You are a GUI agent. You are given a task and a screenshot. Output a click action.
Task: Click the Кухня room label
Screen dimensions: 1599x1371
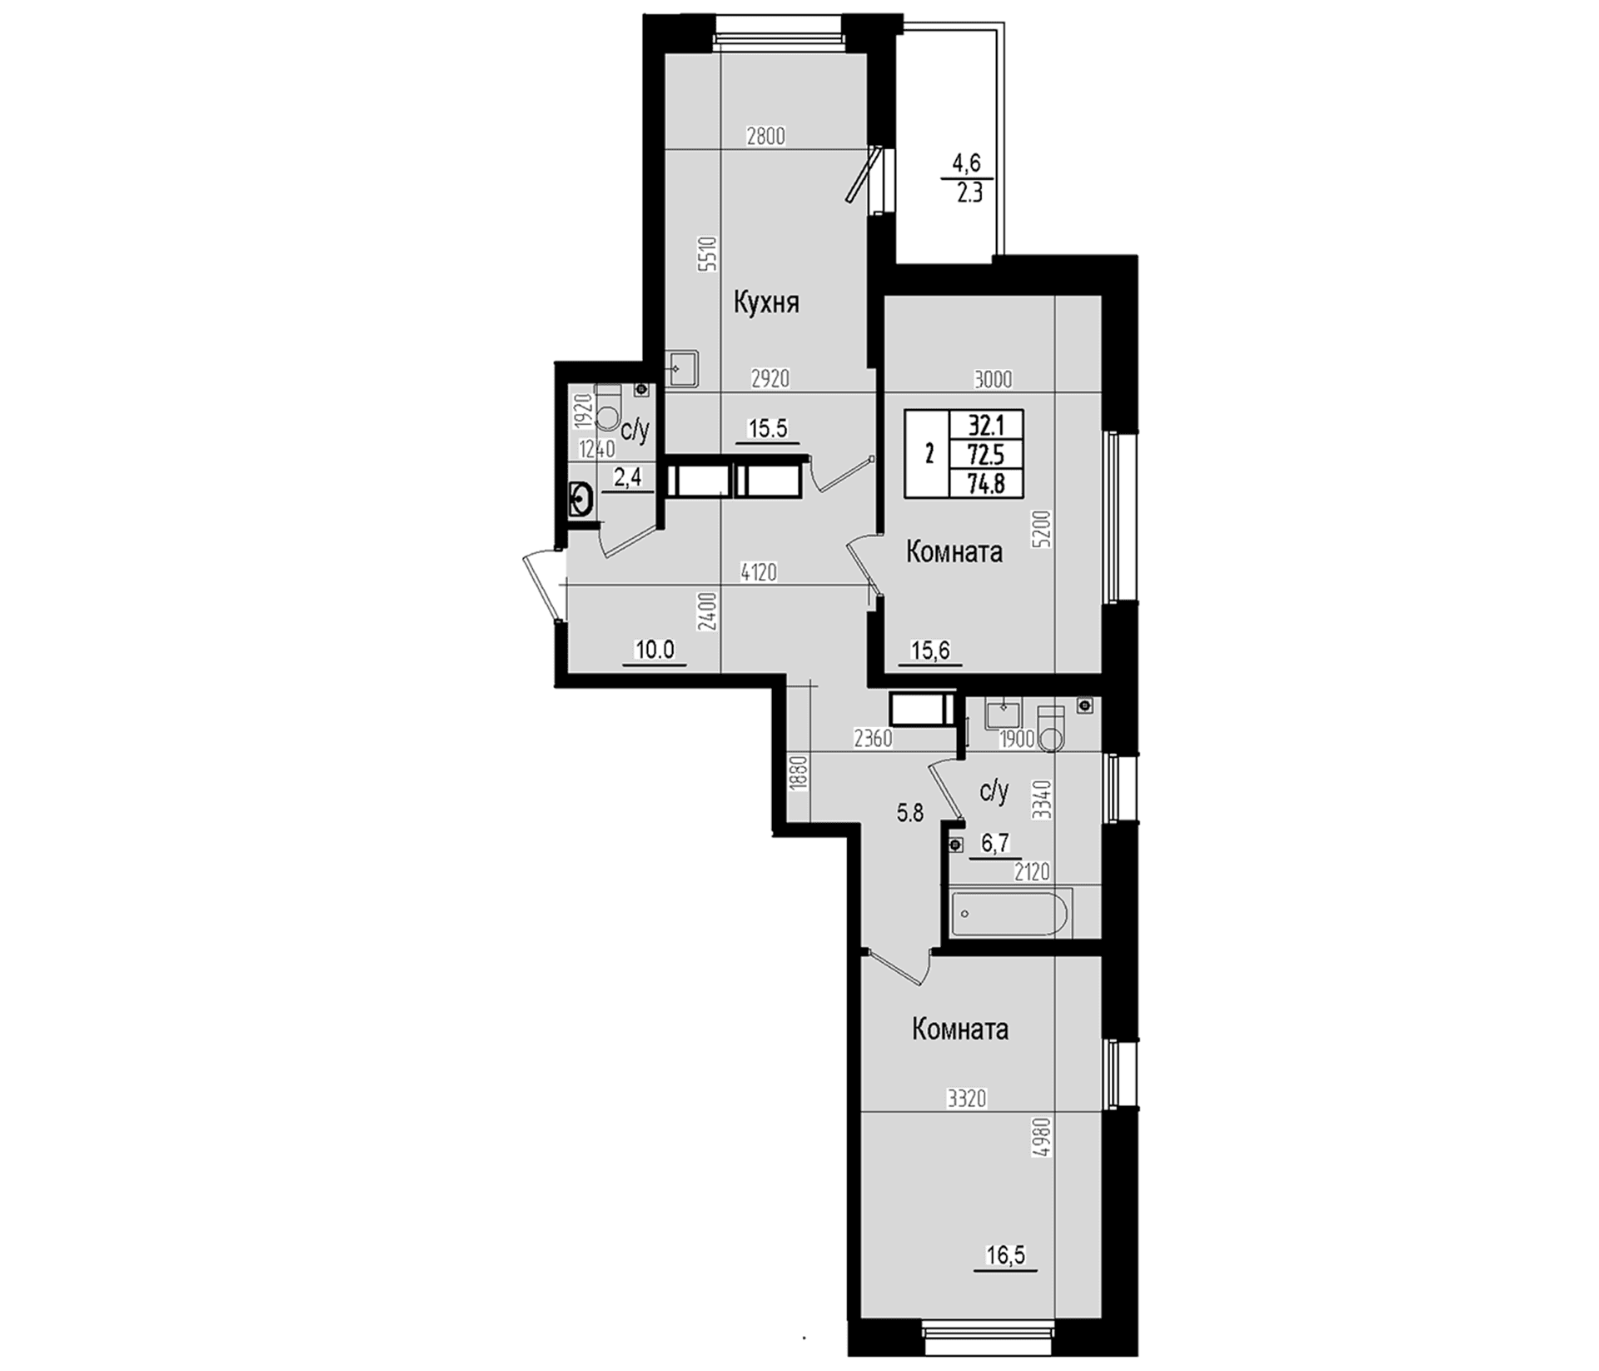click(766, 302)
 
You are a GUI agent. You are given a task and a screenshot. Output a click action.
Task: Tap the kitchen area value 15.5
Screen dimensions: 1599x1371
click(768, 428)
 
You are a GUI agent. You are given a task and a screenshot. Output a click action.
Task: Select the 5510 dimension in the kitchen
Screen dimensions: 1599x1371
click(707, 255)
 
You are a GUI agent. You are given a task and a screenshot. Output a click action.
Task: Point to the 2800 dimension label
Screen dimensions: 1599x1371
click(766, 137)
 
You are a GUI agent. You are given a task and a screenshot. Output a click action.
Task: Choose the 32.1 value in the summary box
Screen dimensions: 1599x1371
click(986, 426)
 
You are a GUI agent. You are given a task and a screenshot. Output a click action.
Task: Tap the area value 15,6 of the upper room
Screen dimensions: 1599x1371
click(931, 650)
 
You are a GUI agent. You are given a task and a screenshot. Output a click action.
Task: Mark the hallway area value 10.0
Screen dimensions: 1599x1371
click(655, 650)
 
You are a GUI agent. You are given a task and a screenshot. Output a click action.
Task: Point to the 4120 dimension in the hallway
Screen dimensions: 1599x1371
click(759, 572)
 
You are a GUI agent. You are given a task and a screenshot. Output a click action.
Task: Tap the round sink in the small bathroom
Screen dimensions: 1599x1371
click(582, 500)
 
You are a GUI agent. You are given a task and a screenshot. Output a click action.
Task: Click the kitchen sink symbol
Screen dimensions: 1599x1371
click(683, 367)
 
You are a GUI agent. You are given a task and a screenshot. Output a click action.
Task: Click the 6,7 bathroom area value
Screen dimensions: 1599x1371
click(995, 843)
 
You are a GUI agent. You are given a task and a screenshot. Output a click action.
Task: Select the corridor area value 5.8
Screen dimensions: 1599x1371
click(910, 813)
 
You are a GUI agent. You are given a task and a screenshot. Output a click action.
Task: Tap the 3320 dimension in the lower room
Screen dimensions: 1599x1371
click(966, 1099)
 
